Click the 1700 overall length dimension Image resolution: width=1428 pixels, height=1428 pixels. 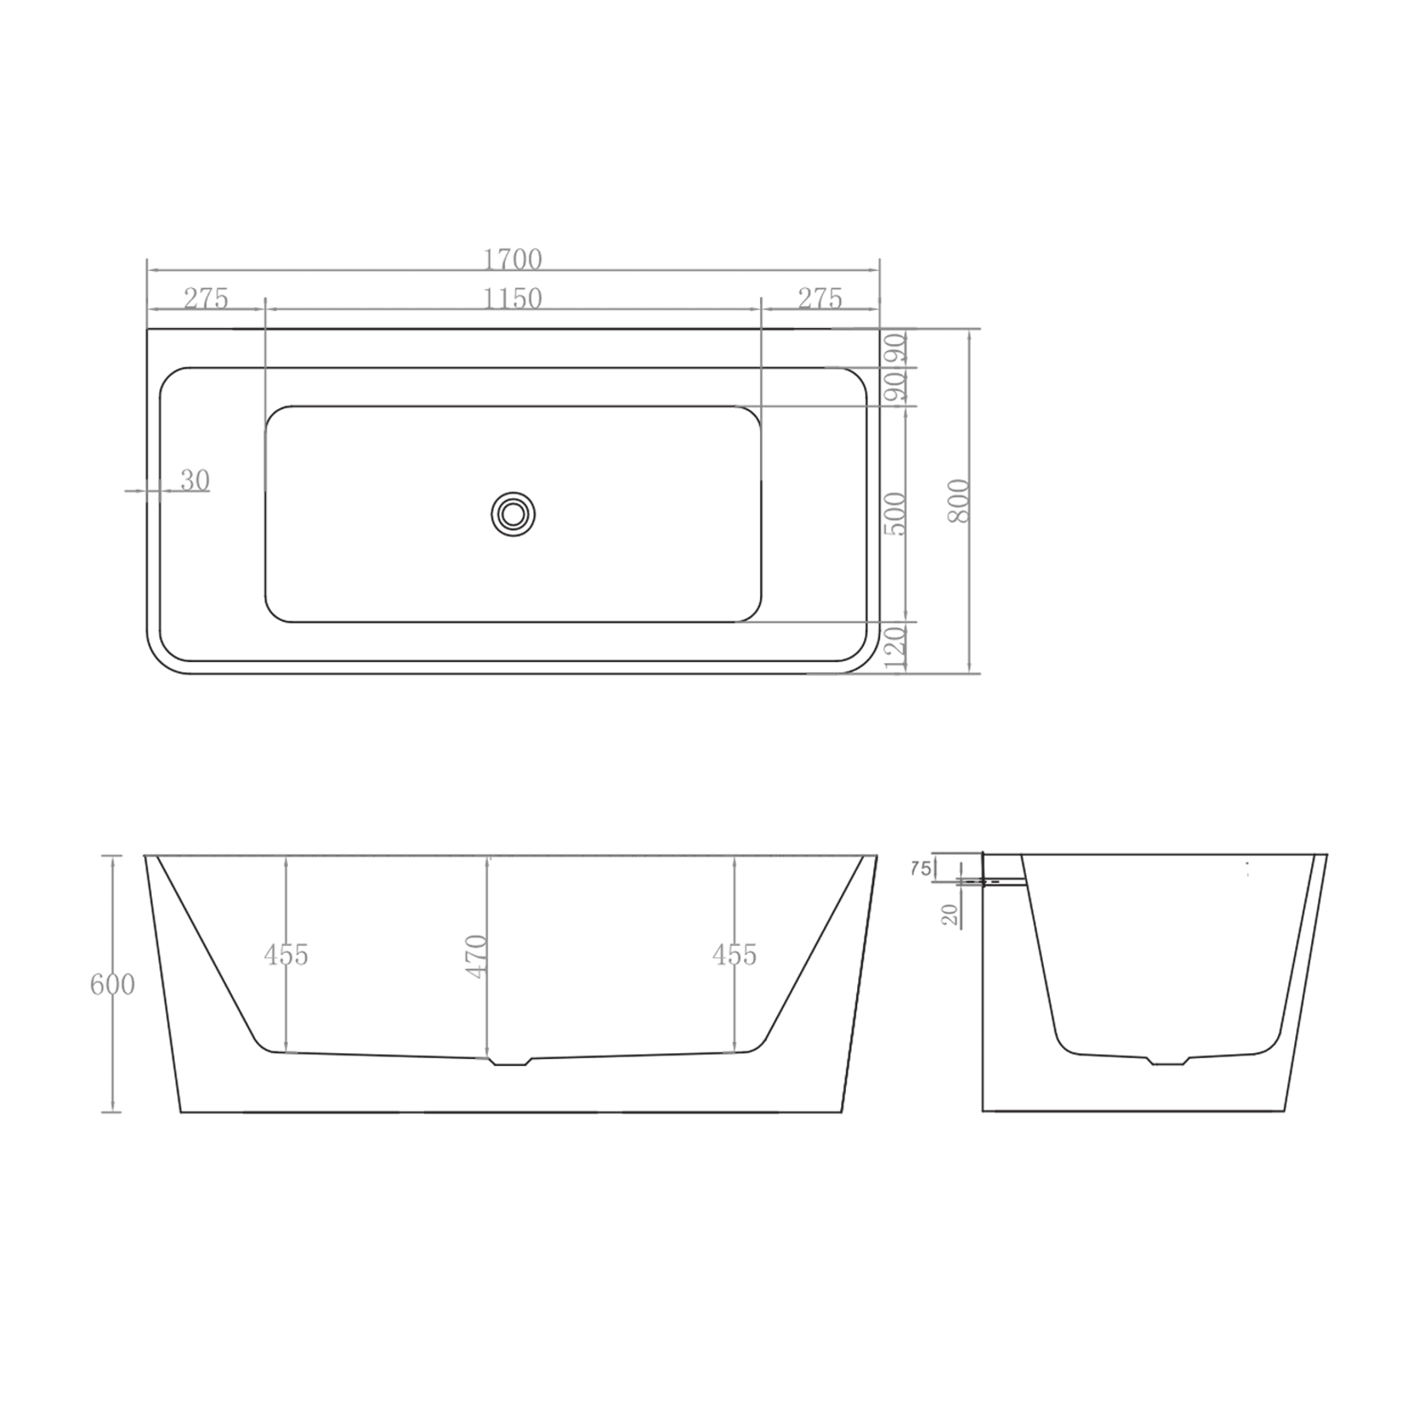pos(512,258)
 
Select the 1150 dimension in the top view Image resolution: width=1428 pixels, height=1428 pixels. pos(512,299)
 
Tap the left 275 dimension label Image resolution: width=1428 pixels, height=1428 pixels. pos(206,299)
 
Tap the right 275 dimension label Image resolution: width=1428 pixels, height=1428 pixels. pos(820,299)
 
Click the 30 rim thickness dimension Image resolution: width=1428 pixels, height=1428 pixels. pos(194,481)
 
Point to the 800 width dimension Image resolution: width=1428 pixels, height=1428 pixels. pos(959,501)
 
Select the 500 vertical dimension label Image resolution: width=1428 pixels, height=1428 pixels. pos(895,513)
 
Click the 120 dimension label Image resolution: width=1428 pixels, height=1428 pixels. pos(895,648)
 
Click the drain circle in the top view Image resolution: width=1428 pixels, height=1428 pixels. pos(513,514)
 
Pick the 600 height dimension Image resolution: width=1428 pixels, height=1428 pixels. pos(112,985)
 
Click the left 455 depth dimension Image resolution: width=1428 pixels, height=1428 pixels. pos(285,955)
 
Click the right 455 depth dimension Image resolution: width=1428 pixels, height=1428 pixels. pos(734,955)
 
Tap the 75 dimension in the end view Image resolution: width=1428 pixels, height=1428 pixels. pos(921,869)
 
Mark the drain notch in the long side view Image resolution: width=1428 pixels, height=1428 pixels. pos(510,1062)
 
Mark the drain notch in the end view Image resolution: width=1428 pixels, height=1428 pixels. pos(1167,1061)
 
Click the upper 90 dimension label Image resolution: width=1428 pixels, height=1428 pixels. pos(896,348)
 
